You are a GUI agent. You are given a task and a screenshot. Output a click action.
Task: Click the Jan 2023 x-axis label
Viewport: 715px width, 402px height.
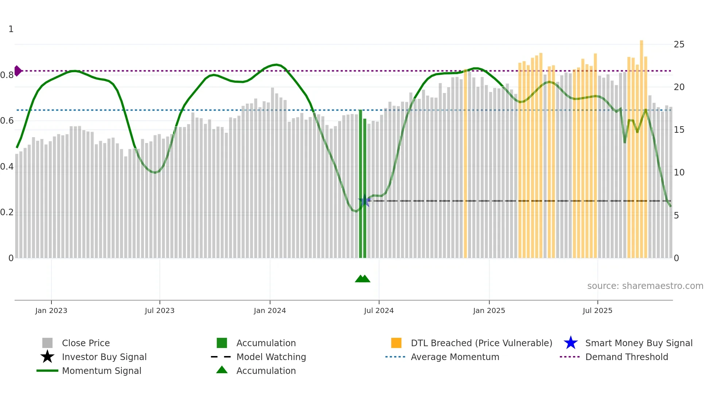click(x=51, y=310)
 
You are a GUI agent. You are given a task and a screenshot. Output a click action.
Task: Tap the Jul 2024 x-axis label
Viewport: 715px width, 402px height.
click(x=379, y=310)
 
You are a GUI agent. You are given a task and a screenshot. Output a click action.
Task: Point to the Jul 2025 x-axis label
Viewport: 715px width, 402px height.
click(x=597, y=310)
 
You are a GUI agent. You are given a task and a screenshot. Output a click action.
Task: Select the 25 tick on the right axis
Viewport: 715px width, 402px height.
click(x=679, y=45)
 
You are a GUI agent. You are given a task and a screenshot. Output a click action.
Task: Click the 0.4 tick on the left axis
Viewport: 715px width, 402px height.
click(x=7, y=167)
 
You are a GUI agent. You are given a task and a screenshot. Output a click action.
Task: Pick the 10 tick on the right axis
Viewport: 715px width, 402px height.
click(x=679, y=173)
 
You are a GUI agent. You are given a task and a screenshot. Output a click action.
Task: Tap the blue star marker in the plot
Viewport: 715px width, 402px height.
click(x=364, y=201)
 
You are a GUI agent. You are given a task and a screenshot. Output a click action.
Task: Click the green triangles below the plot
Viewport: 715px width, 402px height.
click(x=363, y=279)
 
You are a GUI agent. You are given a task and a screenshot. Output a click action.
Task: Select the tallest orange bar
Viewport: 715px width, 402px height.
click(x=641, y=146)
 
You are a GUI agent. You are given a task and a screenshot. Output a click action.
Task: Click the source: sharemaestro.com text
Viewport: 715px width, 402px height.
click(x=645, y=286)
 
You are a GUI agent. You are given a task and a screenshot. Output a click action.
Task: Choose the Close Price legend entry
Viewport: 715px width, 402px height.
click(x=86, y=343)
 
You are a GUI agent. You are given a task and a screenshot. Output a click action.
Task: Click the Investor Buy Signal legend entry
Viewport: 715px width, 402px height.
click(x=104, y=357)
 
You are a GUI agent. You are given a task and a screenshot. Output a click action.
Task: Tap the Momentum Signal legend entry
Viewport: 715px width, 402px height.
click(x=101, y=371)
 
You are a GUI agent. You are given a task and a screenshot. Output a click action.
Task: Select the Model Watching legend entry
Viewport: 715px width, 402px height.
click(x=271, y=357)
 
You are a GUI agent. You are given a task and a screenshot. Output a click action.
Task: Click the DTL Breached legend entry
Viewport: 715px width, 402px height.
click(x=481, y=343)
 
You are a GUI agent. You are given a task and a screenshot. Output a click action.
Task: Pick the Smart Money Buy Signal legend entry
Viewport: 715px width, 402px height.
click(x=638, y=343)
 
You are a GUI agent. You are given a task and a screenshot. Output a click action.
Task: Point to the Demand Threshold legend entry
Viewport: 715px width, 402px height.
click(x=626, y=357)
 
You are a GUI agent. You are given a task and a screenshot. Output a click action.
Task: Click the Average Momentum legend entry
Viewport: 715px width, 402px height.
click(x=455, y=357)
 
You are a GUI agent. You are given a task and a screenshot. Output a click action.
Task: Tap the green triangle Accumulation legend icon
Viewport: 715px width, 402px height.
click(x=222, y=370)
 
